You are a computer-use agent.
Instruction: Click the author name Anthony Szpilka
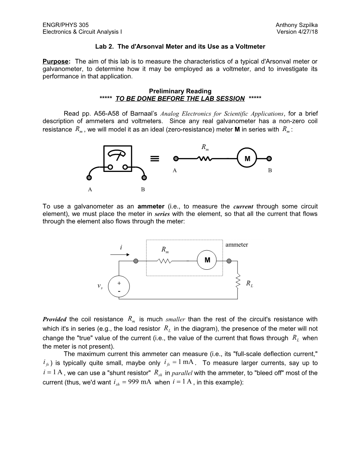click(x=296, y=25)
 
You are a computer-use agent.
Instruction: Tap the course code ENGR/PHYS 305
click(x=66, y=25)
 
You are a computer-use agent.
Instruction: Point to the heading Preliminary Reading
click(x=180, y=91)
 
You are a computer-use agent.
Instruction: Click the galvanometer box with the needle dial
click(x=118, y=159)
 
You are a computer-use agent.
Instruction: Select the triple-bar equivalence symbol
click(x=154, y=159)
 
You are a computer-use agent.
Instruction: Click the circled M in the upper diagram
click(x=247, y=159)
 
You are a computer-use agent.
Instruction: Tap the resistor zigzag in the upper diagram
click(x=205, y=159)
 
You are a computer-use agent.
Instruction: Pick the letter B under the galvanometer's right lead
click(x=143, y=190)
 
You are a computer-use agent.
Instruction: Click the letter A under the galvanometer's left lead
click(x=90, y=190)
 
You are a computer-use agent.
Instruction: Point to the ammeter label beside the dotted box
click(x=236, y=245)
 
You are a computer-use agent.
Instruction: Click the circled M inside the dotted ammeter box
click(x=207, y=261)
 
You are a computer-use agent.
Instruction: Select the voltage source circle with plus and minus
click(x=119, y=286)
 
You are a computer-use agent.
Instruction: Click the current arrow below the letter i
click(x=120, y=254)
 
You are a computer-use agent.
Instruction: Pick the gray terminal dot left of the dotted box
click(x=136, y=261)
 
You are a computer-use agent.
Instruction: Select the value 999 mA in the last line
click(x=137, y=382)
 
